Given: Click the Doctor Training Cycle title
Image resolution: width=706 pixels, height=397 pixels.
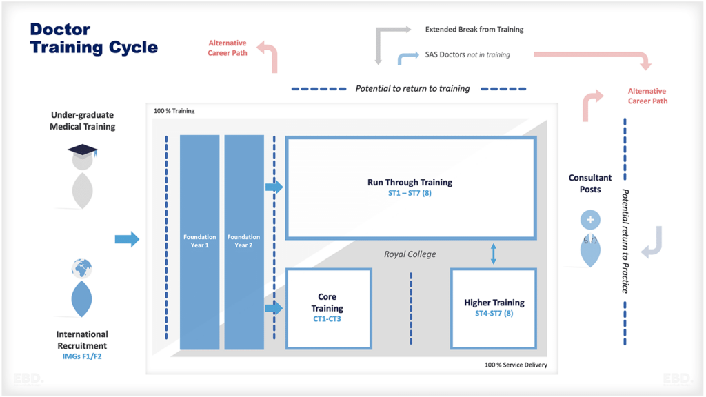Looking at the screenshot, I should [94, 39].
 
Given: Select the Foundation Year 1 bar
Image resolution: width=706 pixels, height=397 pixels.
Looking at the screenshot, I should [199, 241].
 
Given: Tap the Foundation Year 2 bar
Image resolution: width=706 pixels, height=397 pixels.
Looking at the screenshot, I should [244, 241].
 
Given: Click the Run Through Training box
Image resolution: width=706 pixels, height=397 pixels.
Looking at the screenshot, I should [410, 187].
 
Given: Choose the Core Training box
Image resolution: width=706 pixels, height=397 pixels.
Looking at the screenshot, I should [328, 308].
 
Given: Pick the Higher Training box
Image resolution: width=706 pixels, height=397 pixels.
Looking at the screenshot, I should [494, 307].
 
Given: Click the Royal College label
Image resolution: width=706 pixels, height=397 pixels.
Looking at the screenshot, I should [410, 254].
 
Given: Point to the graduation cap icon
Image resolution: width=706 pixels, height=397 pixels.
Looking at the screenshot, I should [82, 151].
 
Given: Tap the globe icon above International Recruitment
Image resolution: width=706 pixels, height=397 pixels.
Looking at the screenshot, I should [81, 268].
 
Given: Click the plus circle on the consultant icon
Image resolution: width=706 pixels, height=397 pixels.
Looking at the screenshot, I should [590, 220].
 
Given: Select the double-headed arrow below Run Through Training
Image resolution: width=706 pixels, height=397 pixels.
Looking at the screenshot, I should [493, 253].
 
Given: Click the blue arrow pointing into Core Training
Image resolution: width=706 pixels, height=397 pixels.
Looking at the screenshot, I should [274, 308].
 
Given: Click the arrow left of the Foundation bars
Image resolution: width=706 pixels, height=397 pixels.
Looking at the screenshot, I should [127, 239].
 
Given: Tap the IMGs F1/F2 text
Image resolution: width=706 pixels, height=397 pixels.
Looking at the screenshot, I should [81, 356].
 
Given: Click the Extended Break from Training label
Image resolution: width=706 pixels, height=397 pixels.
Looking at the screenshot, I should [474, 30].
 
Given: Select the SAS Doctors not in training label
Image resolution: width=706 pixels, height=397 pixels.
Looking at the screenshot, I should [467, 54].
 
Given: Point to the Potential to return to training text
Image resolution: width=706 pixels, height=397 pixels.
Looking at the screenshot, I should [412, 88].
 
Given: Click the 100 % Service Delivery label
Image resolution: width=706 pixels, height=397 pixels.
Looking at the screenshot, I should [516, 365].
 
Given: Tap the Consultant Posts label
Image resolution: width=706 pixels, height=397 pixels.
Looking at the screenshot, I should [590, 183].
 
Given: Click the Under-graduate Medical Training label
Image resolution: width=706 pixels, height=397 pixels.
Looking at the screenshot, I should [82, 121].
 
